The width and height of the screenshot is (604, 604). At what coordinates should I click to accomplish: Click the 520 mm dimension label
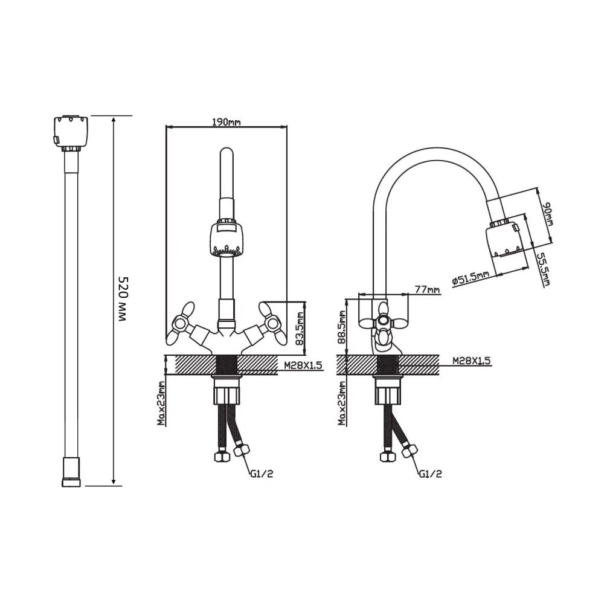(122, 300)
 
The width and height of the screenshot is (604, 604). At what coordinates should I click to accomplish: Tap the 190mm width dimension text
(226, 122)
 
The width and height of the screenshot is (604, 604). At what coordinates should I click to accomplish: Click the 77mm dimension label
(427, 289)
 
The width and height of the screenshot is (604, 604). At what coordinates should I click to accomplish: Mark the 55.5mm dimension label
(544, 269)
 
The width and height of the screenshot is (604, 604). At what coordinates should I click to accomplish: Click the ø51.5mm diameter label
(471, 278)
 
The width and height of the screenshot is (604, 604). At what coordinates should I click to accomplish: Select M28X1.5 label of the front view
(303, 365)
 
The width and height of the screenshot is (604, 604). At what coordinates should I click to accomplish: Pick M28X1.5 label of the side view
(472, 361)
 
